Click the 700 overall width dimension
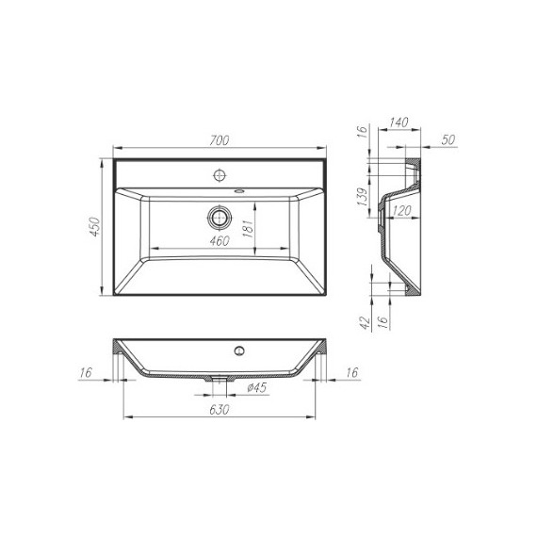[x=220, y=140]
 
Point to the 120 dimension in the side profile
[x=399, y=212]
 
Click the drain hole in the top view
[x=220, y=217]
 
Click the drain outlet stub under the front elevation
[x=220, y=382]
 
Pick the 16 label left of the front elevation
[x=86, y=374]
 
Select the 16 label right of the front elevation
[x=352, y=374]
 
